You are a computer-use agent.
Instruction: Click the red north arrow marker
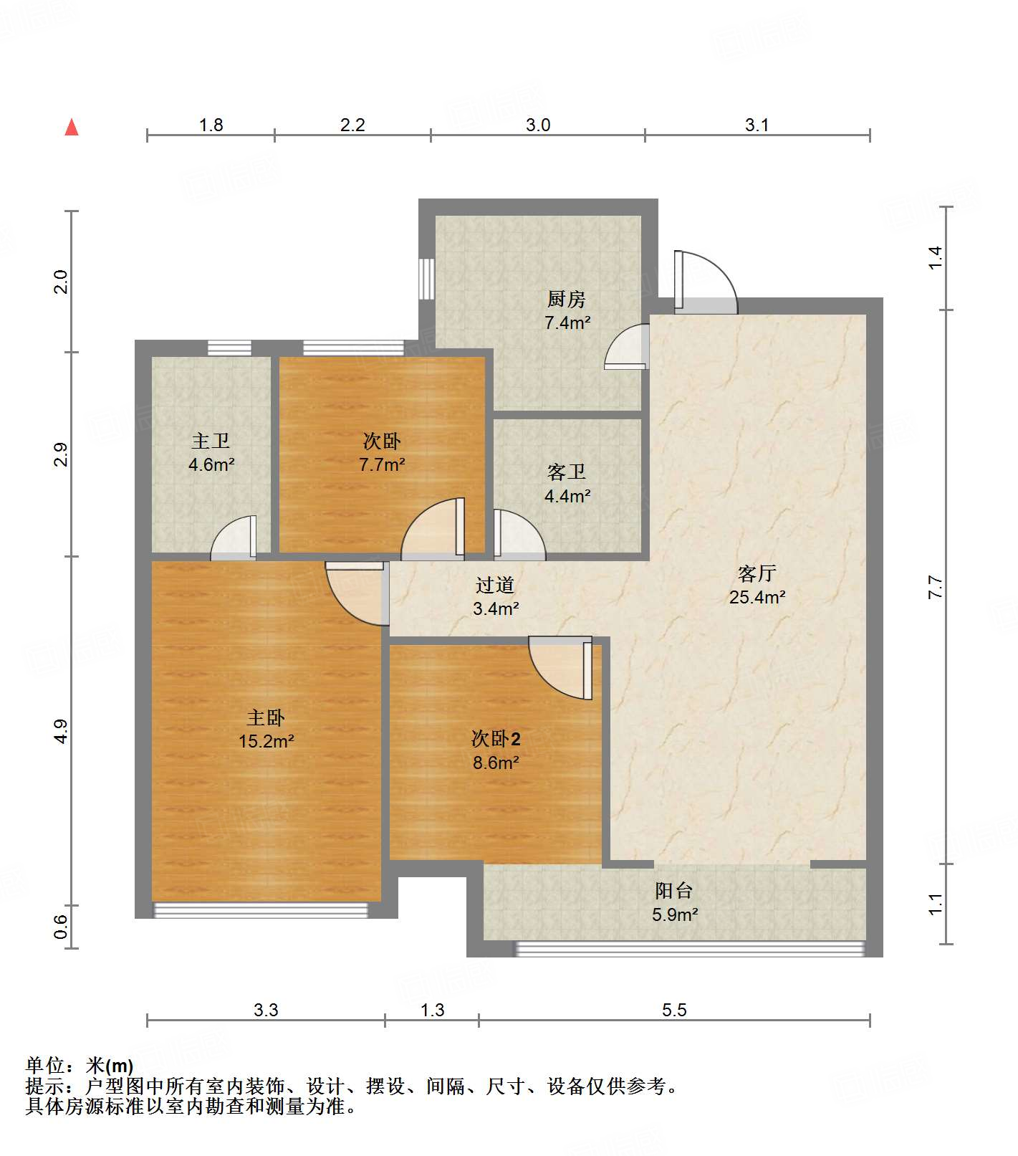point(72,127)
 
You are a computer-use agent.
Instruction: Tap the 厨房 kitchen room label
point(567,299)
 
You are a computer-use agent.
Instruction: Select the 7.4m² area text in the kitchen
point(567,323)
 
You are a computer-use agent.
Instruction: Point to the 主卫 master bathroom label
point(211,441)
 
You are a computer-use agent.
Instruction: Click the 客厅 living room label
point(757,573)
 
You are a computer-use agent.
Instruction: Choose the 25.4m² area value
point(757,597)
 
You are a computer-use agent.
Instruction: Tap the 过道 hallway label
point(495,586)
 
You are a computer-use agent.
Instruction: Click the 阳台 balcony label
point(674,891)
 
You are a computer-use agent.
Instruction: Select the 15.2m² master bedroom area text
point(266,741)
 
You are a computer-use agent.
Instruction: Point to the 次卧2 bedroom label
point(496,739)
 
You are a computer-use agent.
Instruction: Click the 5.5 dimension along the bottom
point(674,1010)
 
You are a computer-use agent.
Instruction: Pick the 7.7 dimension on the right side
point(936,588)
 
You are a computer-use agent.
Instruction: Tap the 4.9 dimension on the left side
point(62,731)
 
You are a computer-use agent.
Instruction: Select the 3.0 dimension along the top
point(538,125)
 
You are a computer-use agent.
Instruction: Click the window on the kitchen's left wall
point(427,279)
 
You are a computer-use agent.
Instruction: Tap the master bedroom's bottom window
point(261,910)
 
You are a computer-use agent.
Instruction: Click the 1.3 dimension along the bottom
point(432,1010)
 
